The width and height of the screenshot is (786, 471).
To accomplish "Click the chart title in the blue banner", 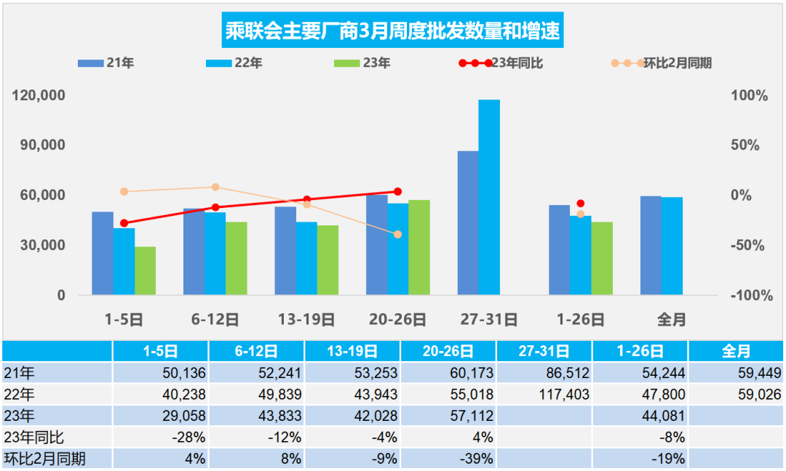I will pos(393,31).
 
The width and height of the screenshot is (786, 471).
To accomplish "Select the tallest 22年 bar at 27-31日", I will pos(489,197).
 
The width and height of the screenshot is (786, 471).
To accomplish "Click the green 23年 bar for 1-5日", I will pos(146,270).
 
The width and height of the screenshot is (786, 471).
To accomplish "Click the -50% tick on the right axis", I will pos(747,246).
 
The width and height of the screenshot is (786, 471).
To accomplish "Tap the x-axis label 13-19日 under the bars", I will pos(306,319).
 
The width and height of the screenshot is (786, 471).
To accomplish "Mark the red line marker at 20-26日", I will pos(397,191).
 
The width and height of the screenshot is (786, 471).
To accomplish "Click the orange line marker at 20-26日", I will pos(397,234).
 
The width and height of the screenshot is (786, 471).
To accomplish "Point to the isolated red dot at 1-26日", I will pos(580,204).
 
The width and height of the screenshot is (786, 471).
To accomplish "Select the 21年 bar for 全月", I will pos(651,246).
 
